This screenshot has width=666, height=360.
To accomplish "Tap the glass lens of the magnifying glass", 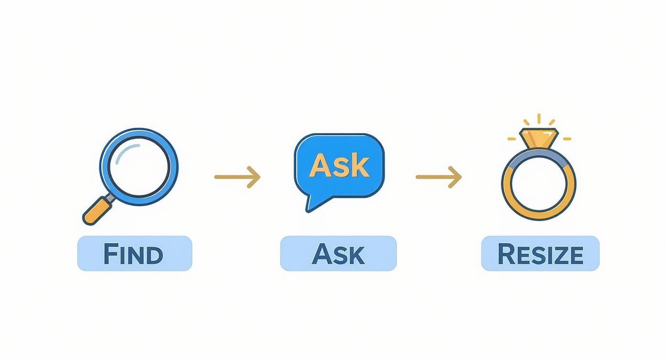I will tap(139, 167).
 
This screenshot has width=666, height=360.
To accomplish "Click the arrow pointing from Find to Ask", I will tap(237, 177).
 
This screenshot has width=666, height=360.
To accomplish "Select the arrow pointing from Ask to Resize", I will tap(439, 177).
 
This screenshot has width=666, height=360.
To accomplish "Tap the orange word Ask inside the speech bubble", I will tap(339, 166).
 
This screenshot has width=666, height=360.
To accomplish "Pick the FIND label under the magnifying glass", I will tap(134, 254).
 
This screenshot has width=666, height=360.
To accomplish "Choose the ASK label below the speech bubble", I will tap(338, 254).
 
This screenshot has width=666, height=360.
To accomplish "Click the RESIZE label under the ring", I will tap(540, 254).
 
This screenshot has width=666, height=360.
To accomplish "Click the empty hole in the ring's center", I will tap(539, 187).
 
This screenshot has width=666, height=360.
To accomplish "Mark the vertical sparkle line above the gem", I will tap(539, 119).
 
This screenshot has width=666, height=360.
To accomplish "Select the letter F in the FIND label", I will tap(111, 254).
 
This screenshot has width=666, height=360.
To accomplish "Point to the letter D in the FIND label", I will tap(155, 254).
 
